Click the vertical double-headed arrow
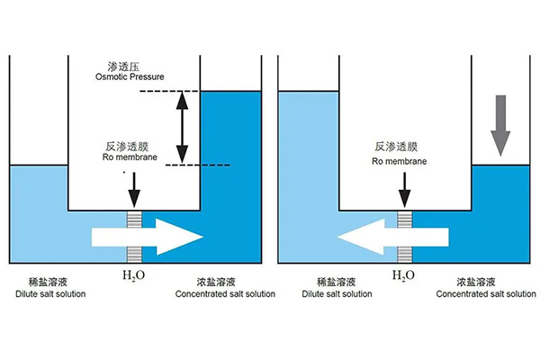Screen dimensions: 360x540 pos(183,127)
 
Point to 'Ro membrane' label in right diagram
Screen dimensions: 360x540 pos(397,162)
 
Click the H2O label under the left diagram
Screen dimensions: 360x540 pos(134,274)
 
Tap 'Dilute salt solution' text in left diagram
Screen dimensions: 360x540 pos(49,293)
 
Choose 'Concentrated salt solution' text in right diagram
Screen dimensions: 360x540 pos(486,293)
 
